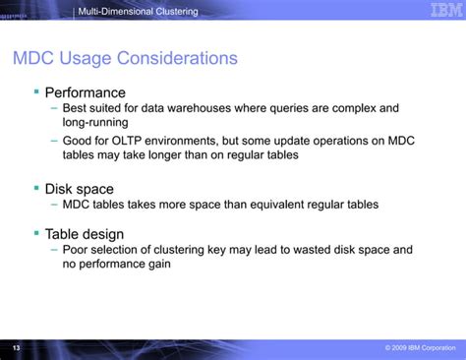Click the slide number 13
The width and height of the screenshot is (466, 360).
point(15,348)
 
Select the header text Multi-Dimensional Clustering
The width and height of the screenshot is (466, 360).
point(140,11)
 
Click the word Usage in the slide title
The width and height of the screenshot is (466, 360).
point(95,58)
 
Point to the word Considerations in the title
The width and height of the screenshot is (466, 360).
point(183,58)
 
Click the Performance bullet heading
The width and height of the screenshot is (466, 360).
point(86,93)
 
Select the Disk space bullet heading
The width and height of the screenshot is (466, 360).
point(80,188)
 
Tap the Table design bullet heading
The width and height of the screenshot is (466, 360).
point(85,234)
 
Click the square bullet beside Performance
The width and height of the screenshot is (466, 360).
point(36,91)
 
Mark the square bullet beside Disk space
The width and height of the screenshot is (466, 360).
point(36,186)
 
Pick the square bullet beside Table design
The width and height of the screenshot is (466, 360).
point(36,232)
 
